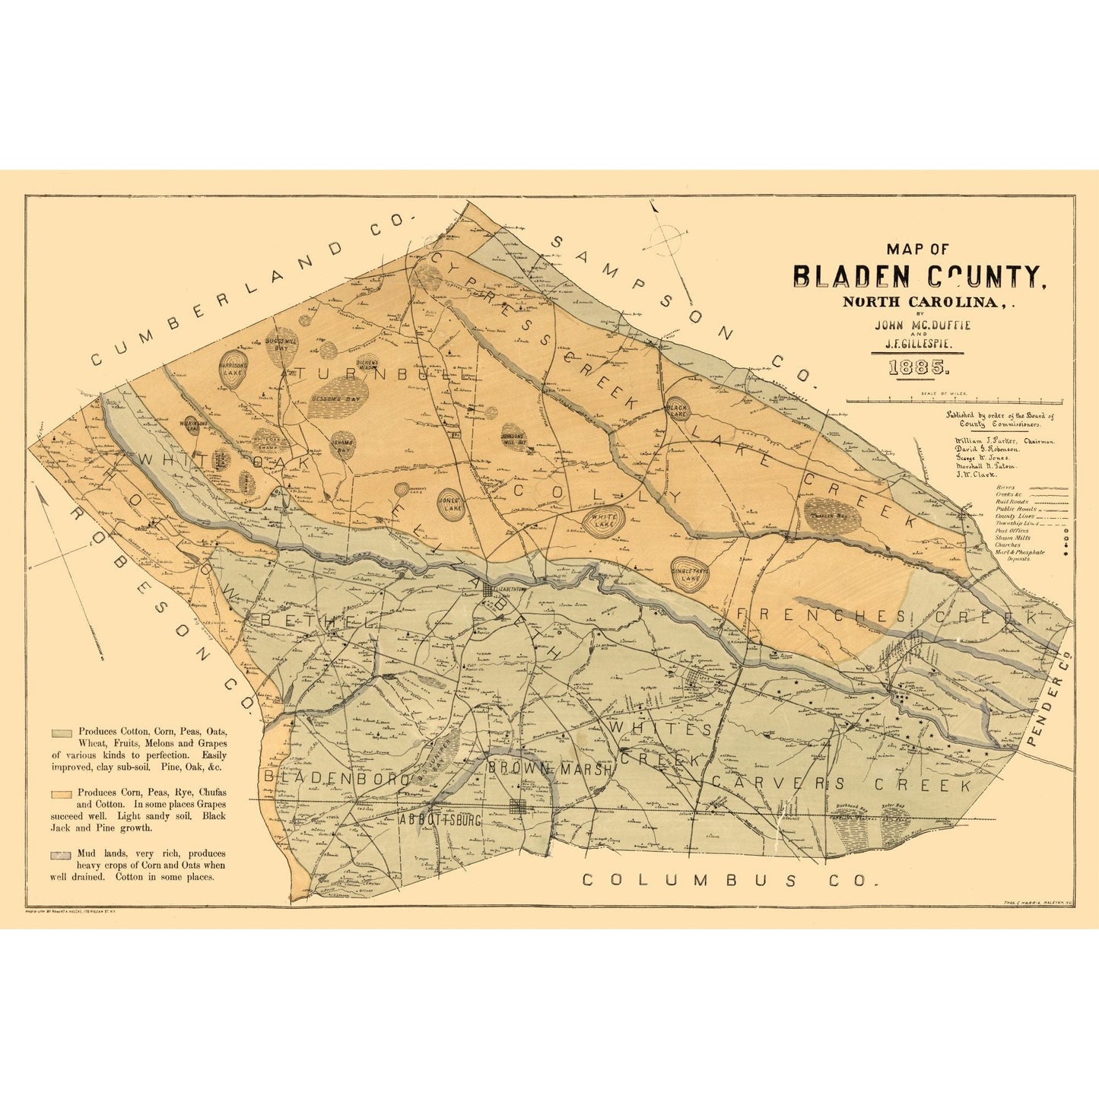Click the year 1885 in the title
tap(919, 368)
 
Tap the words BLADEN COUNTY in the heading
tap(920, 277)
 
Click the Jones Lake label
tap(452, 504)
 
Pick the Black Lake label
tap(676, 408)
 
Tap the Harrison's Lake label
tap(233, 369)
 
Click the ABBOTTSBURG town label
tap(440, 821)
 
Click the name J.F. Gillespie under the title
tap(919, 344)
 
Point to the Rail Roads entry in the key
tap(1012, 502)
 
